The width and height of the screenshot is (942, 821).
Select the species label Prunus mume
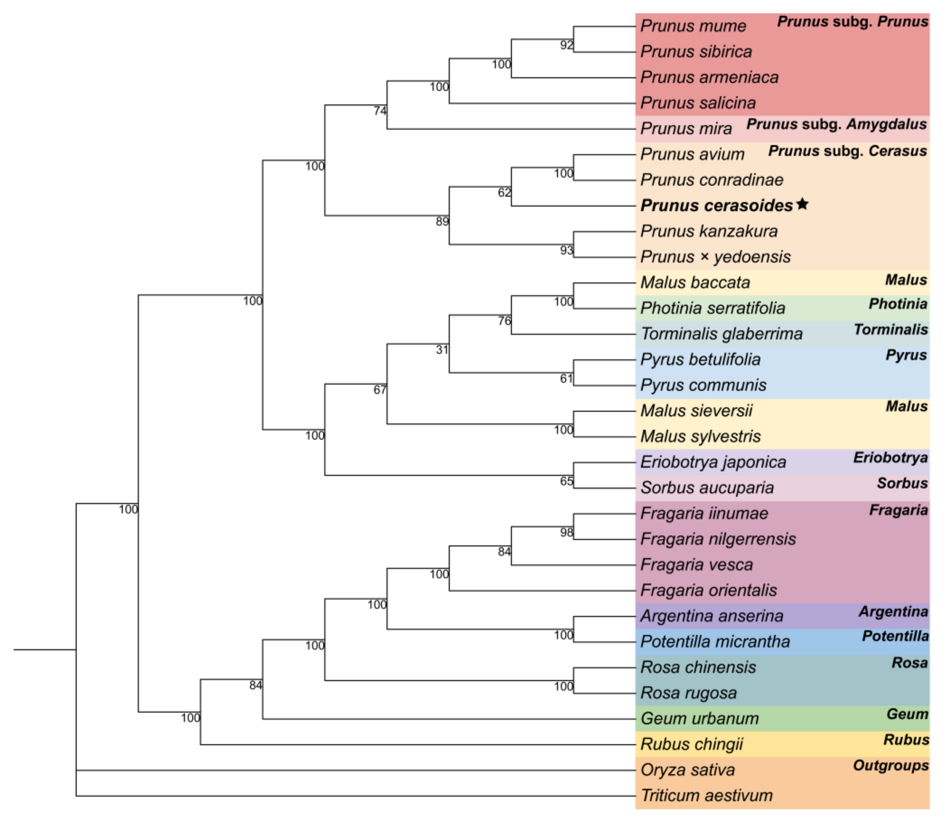pyautogui.click(x=693, y=26)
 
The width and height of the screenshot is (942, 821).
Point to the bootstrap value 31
pyautogui.click(x=442, y=350)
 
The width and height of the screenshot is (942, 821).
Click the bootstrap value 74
pyautogui.click(x=380, y=111)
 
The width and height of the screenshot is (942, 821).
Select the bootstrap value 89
pyautogui.click(x=442, y=222)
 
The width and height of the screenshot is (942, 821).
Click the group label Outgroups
pyautogui.click(x=891, y=766)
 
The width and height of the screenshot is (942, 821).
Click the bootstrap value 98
pyautogui.click(x=567, y=532)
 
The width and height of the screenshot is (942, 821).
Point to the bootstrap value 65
pyautogui.click(x=567, y=481)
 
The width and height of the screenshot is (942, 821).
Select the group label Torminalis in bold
pyautogui.click(x=891, y=330)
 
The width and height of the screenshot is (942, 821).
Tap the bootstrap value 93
pyautogui.click(x=567, y=250)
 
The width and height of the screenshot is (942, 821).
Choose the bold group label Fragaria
pyautogui.click(x=898, y=510)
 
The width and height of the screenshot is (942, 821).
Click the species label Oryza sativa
pyautogui.click(x=688, y=770)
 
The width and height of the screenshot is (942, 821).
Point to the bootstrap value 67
pyautogui.click(x=380, y=390)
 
